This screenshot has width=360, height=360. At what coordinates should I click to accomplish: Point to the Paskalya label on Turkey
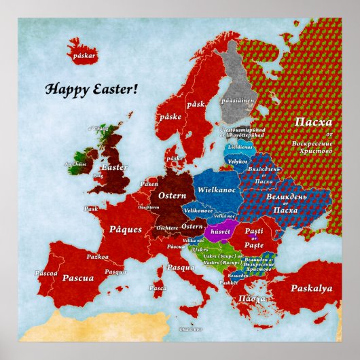click(311, 288)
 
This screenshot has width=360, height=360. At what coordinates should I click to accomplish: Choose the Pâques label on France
click(125, 230)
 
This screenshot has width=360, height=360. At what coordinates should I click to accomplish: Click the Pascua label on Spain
click(82, 278)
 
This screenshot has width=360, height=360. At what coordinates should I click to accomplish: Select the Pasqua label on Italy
click(181, 267)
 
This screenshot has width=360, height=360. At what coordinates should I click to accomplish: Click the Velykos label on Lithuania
click(237, 162)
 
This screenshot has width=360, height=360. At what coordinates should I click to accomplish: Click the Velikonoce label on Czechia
click(198, 212)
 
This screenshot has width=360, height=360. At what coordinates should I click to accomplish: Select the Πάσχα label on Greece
click(252, 298)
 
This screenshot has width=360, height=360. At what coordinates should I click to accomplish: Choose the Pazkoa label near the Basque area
click(97, 257)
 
